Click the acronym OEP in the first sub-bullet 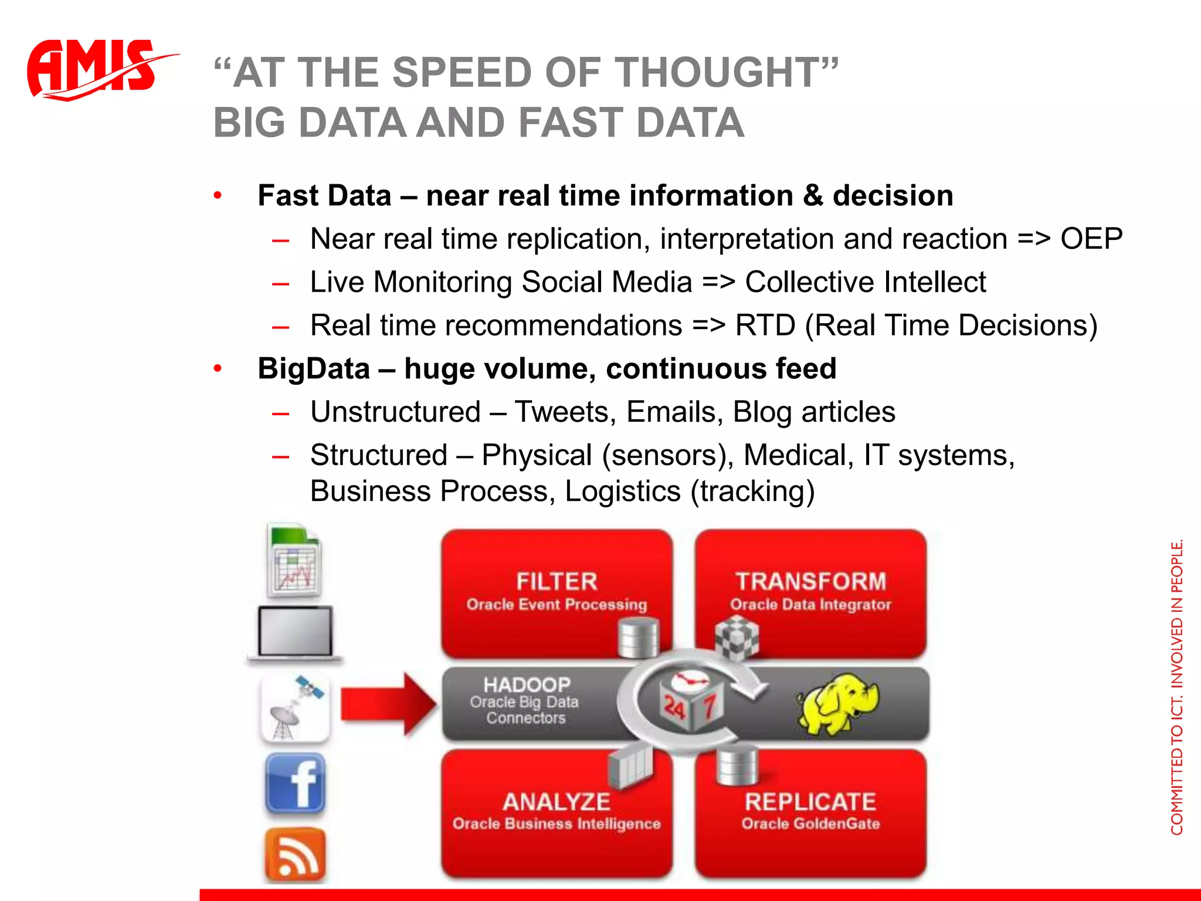click(1091, 239)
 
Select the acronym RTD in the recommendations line click(765, 326)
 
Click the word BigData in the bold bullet click(314, 369)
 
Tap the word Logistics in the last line click(622, 491)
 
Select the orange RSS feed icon click(295, 855)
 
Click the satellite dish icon click(295, 708)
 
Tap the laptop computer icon click(295, 634)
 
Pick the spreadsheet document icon click(295, 560)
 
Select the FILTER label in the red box click(557, 581)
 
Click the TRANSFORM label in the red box click(810, 581)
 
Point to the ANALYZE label click(557, 802)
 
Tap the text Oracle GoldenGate click(810, 824)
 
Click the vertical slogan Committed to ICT click(1177, 686)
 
